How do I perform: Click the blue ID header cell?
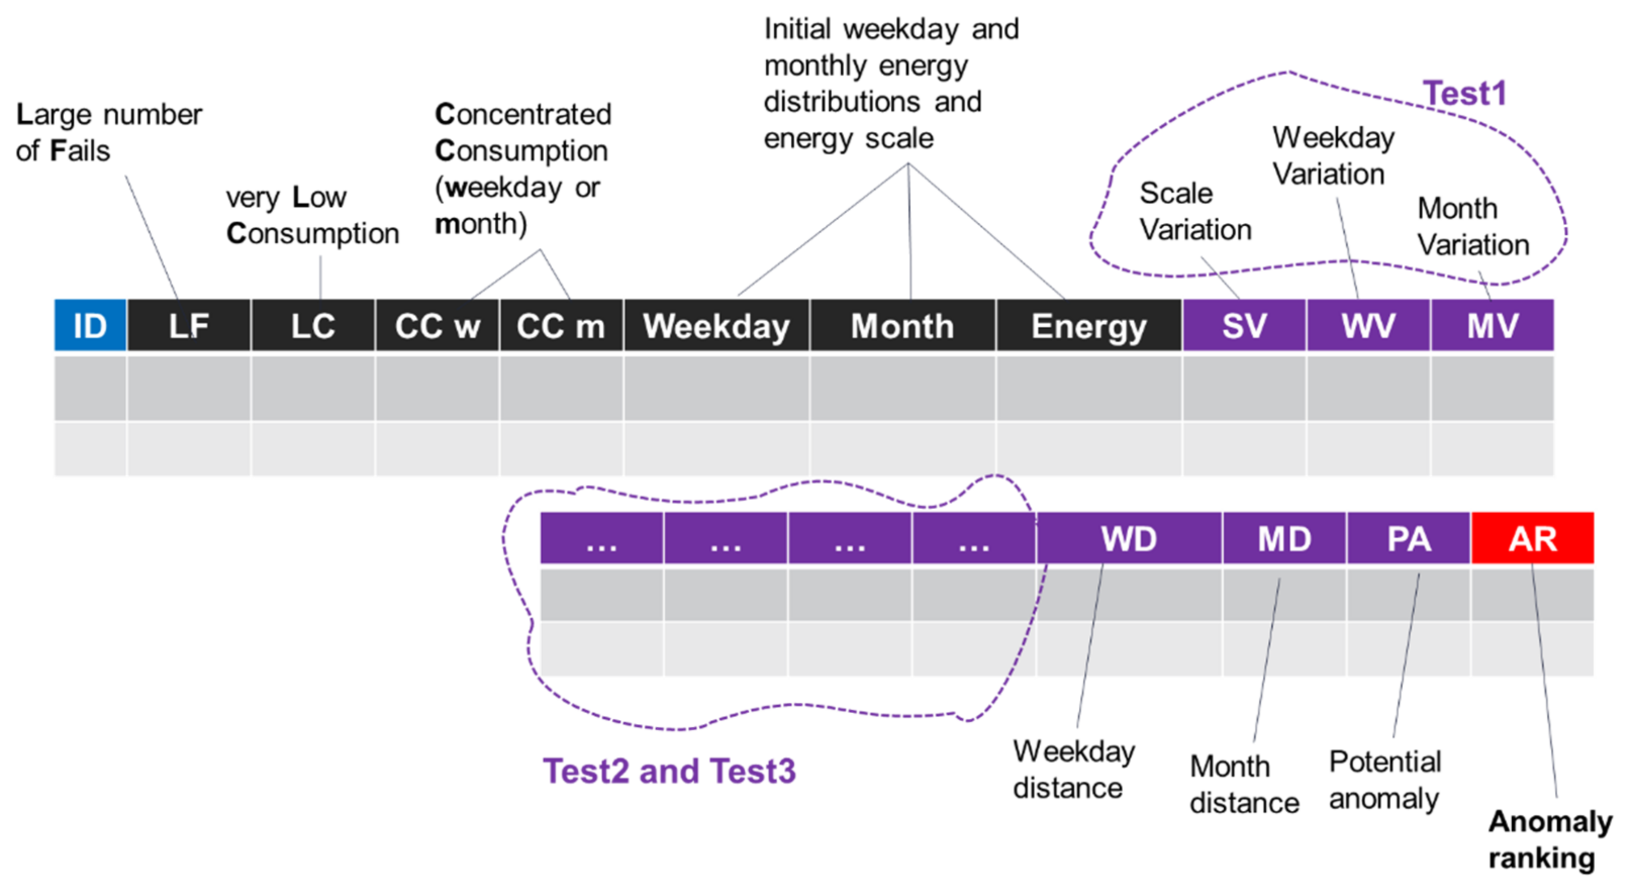(90, 325)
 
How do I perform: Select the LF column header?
(188, 325)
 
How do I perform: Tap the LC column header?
(313, 325)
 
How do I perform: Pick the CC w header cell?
(437, 325)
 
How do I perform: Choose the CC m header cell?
(561, 325)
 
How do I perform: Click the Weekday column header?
(716, 325)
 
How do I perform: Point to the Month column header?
(902, 325)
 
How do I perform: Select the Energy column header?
(1089, 325)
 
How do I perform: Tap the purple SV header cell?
(1244, 325)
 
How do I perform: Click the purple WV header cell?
(1368, 325)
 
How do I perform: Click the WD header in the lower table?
(1129, 538)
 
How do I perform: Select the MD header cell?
(1284, 538)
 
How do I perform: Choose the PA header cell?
(1409, 538)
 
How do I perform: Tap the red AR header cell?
(1532, 538)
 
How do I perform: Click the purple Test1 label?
(1464, 93)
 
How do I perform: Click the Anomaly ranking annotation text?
(1549, 840)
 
